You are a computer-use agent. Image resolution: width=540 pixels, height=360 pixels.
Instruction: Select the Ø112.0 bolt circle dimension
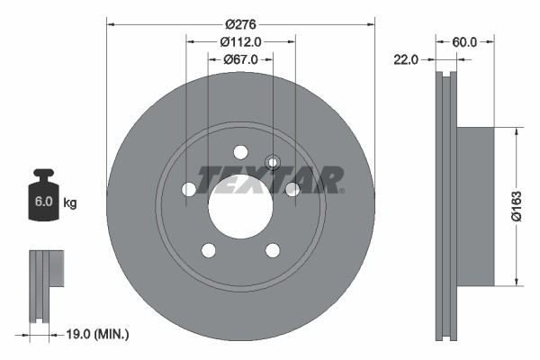240,41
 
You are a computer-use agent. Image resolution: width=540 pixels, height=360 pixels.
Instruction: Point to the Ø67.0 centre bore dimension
240,58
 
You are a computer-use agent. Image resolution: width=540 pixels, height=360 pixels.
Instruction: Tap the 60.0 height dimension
464,41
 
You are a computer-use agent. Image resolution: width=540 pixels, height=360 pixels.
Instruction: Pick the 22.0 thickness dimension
407,59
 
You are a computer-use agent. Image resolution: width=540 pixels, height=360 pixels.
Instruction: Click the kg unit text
70,203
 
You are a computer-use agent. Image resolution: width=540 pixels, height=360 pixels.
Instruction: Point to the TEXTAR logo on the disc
270,179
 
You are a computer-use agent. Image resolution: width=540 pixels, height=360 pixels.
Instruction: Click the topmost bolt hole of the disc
240,152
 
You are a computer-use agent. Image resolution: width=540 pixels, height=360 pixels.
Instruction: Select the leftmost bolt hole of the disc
189,189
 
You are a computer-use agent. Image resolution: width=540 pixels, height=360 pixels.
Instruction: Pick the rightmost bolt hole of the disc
292,189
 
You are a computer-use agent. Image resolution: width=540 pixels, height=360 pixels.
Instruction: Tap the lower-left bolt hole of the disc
209,249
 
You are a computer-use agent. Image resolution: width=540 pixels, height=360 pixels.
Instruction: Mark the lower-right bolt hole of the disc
273,249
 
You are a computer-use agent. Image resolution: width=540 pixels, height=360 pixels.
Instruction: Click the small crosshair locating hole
274,162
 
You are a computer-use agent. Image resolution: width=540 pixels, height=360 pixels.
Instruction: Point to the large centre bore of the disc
240,206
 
